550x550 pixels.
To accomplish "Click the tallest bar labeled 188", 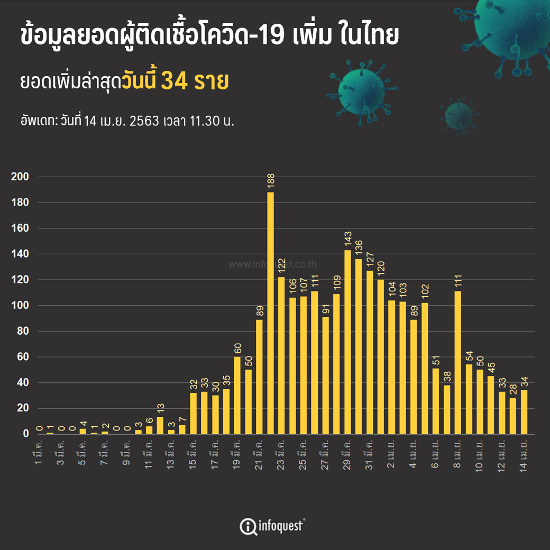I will (271, 312).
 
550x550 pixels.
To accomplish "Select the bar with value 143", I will (347, 342).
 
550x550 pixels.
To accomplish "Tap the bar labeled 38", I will (447, 409).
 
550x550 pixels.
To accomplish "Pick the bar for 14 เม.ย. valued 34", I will (524, 412).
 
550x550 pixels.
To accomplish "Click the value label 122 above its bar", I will (281, 266).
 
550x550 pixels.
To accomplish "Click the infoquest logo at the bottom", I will (272, 526).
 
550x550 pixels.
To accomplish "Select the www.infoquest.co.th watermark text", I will (272, 264).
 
